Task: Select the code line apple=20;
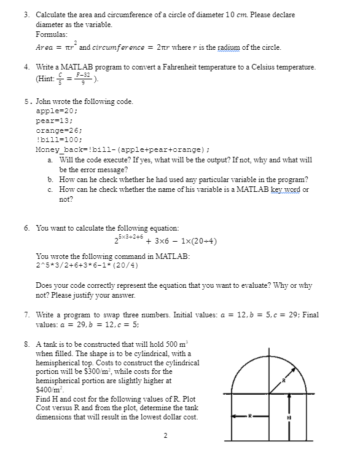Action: coord(57,110)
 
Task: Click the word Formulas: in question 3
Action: coord(52,35)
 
